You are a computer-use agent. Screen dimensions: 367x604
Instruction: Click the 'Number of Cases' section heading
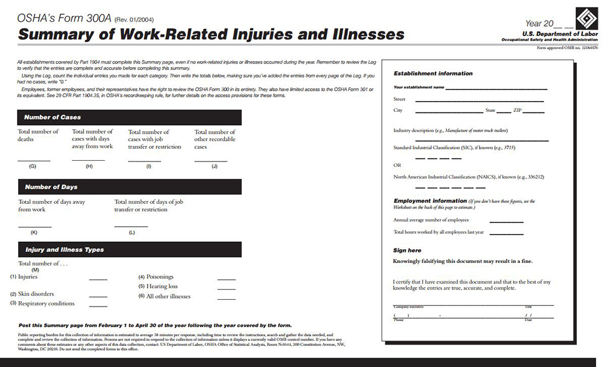pyautogui.click(x=53, y=117)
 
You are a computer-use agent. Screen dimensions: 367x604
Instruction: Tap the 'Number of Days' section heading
pyautogui.click(x=51, y=187)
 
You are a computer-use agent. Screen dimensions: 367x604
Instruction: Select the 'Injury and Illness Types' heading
pyautogui.click(x=65, y=249)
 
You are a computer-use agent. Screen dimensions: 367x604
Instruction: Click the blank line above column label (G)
pyautogui.click(x=33, y=160)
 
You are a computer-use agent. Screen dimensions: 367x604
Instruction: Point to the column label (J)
pyautogui.click(x=214, y=166)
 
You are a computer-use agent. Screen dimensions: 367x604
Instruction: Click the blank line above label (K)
pyautogui.click(x=34, y=226)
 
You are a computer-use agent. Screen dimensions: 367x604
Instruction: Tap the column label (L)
pyautogui.click(x=132, y=232)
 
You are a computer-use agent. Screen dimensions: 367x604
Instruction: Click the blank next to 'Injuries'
pyautogui.click(x=98, y=279)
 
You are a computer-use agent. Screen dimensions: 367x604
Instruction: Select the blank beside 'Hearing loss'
pyautogui.click(x=226, y=289)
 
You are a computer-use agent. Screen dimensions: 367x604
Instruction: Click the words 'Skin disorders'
pyautogui.click(x=36, y=294)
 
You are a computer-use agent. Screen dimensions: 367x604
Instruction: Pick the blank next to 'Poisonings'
pyautogui.click(x=226, y=279)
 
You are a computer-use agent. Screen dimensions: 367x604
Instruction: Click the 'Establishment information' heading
pyautogui.click(x=433, y=73)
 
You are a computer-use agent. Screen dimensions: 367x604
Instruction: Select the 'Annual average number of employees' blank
pyautogui.click(x=506, y=222)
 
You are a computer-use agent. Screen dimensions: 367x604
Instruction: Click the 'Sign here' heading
pyautogui.click(x=407, y=250)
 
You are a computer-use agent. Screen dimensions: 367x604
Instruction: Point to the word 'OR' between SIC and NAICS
pyautogui.click(x=397, y=164)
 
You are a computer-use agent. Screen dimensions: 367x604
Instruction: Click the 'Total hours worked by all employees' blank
pyautogui.click(x=506, y=233)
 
